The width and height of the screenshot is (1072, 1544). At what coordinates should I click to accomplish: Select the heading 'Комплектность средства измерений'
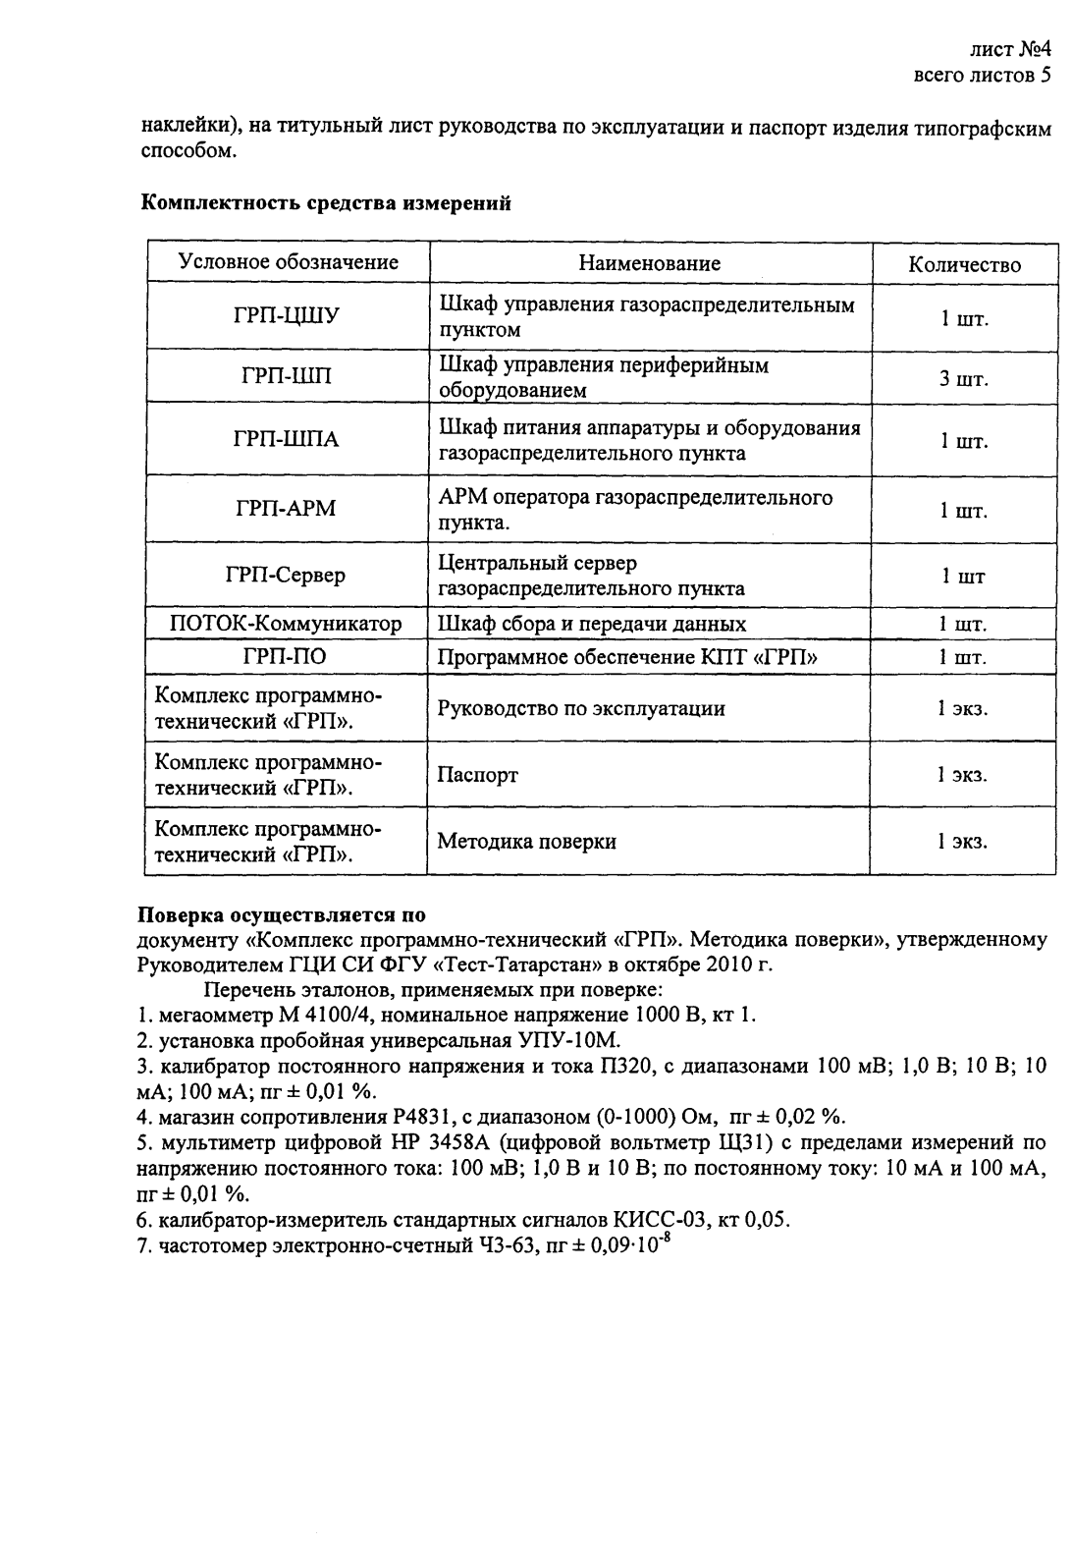(327, 203)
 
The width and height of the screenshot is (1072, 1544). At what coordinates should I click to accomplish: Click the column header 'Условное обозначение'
(288, 262)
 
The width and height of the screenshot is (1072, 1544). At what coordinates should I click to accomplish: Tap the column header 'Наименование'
(649, 263)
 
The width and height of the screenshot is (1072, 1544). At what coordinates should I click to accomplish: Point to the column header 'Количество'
(964, 264)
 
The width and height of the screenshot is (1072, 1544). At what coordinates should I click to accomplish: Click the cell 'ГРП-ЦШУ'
(287, 317)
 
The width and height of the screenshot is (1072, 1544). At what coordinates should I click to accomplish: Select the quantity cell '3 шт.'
(964, 378)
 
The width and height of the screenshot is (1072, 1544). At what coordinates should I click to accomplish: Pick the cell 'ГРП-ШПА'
(287, 440)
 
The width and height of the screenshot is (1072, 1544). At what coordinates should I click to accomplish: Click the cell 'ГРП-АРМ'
(287, 508)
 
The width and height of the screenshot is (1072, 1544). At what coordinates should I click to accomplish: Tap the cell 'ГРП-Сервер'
(286, 575)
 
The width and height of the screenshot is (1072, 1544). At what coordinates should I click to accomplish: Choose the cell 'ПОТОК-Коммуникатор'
(286, 624)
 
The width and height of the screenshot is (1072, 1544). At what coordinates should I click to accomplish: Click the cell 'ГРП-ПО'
(286, 657)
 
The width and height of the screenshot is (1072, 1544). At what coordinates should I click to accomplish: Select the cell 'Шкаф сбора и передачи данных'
(591, 624)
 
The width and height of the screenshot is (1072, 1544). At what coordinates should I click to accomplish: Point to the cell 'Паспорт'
(477, 775)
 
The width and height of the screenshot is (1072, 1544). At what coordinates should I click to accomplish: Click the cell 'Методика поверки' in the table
(526, 841)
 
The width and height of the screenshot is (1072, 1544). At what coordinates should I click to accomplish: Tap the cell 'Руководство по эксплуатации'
(581, 708)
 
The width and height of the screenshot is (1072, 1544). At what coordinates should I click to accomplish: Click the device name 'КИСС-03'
(651, 1220)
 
